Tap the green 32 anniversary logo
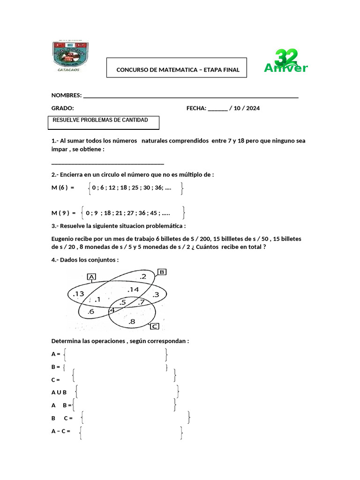coord(285,62)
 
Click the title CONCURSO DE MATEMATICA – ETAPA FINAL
coord(178,70)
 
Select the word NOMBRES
coord(66,95)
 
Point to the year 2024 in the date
coord(252,108)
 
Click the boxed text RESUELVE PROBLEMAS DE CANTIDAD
coord(100,120)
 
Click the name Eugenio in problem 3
coord(64,239)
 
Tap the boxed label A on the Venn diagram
coord(92,277)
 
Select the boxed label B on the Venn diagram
coord(162,271)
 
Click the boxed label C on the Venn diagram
coord(154,327)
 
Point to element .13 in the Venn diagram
coord(78,294)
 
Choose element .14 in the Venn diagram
coord(133,290)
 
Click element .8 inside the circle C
coord(131,322)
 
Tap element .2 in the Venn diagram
coord(143,277)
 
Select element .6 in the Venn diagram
coord(91,312)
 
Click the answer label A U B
coord(59,392)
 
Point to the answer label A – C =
coord(60,431)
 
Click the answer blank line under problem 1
coord(107,163)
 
